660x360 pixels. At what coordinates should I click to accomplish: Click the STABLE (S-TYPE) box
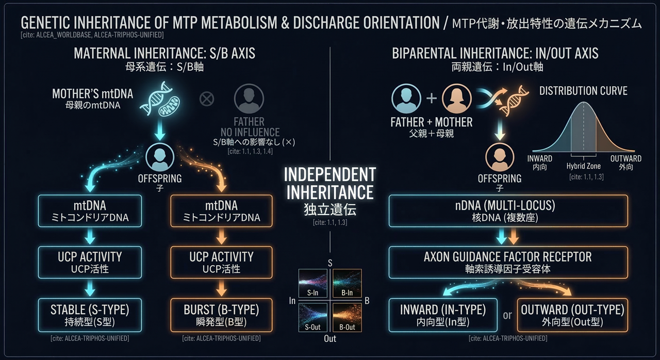pyautogui.click(x=89, y=316)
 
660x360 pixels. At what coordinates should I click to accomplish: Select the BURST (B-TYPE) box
pyautogui.click(x=221, y=316)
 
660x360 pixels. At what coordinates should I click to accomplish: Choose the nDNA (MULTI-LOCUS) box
pyautogui.click(x=507, y=211)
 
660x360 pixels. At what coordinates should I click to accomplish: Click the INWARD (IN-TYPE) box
pyautogui.click(x=443, y=315)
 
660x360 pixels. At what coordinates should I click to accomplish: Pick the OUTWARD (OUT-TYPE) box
pyautogui.click(x=572, y=315)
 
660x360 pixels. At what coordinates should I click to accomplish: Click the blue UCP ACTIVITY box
pyautogui.click(x=89, y=262)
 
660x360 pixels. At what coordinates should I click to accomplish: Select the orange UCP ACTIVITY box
pyautogui.click(x=221, y=262)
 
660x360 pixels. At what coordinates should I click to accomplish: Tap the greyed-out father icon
pyautogui.click(x=249, y=99)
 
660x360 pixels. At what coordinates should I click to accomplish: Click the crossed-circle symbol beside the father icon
pyautogui.click(x=207, y=98)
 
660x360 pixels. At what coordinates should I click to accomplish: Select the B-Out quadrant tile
pyautogui.click(x=346, y=318)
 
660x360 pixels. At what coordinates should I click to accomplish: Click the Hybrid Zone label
pyautogui.click(x=584, y=166)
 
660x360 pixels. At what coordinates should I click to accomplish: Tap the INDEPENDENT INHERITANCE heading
pyautogui.click(x=330, y=184)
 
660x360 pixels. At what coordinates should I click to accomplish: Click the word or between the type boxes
pyautogui.click(x=507, y=315)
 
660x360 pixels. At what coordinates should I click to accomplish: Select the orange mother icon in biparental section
pyautogui.click(x=457, y=98)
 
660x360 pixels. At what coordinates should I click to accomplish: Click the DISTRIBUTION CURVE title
pyautogui.click(x=583, y=91)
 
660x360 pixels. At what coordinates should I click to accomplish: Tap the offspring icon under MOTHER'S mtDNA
pyautogui.click(x=160, y=157)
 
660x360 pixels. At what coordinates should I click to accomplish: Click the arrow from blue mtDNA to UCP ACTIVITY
pyautogui.click(x=89, y=237)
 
